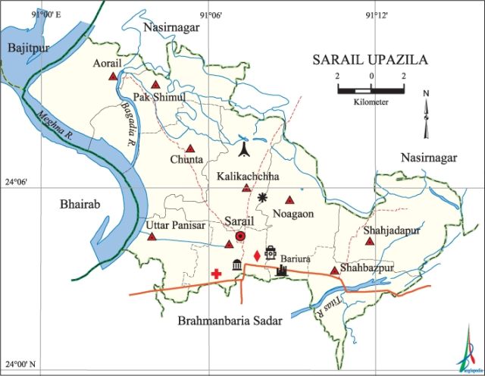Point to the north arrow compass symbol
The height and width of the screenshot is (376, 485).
427,114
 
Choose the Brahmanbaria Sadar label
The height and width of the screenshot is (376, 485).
230,321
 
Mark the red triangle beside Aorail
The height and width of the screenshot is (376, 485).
113,77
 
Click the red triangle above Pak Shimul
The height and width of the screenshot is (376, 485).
156,85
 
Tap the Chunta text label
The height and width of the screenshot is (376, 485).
186,160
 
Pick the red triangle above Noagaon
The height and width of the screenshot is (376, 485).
289,200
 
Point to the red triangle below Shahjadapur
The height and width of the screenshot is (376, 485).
370,242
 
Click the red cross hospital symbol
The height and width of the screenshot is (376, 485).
217,273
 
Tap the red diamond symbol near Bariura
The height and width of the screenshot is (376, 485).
257,255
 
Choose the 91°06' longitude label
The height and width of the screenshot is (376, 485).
210,16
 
